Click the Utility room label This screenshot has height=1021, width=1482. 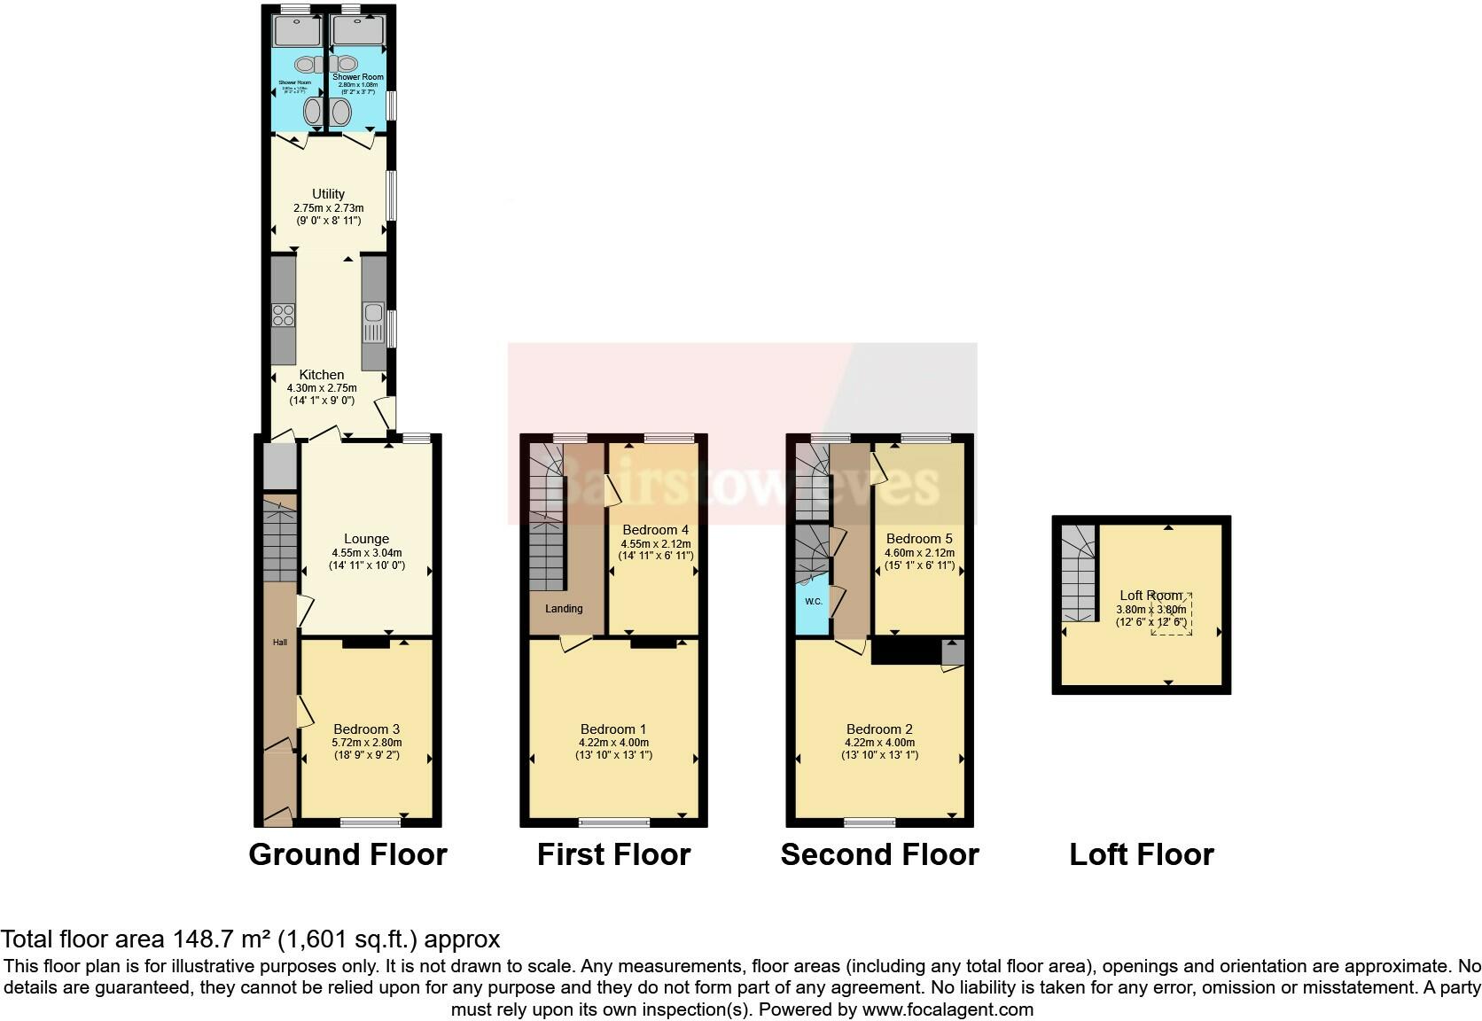click(328, 194)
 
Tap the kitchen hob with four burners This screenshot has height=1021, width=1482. click(284, 315)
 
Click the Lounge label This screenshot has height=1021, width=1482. click(366, 539)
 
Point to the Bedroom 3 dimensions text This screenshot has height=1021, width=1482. click(367, 750)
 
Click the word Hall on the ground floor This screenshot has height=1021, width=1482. click(280, 642)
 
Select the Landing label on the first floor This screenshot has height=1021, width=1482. click(564, 609)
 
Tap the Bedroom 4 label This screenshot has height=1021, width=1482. click(655, 530)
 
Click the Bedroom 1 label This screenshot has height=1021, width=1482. click(613, 729)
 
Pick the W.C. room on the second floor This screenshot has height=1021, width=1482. click(813, 603)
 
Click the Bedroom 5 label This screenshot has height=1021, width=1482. click(919, 539)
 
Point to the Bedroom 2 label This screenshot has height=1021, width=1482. click(879, 729)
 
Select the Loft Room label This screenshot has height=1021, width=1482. click(1150, 596)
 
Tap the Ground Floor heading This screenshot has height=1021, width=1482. click(347, 854)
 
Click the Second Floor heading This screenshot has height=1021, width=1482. click(879, 854)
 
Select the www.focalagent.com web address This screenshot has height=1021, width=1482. click(947, 1009)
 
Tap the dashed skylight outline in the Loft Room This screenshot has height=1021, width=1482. click(1172, 614)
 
